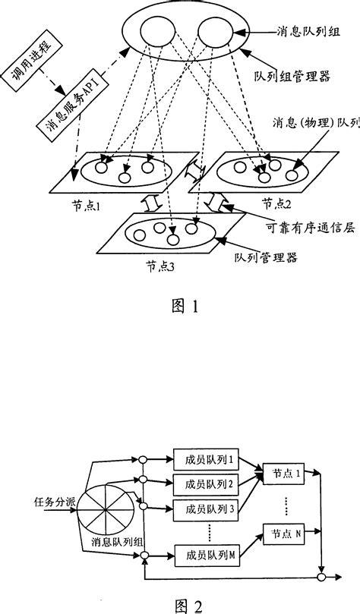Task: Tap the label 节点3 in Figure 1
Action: coord(157,266)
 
